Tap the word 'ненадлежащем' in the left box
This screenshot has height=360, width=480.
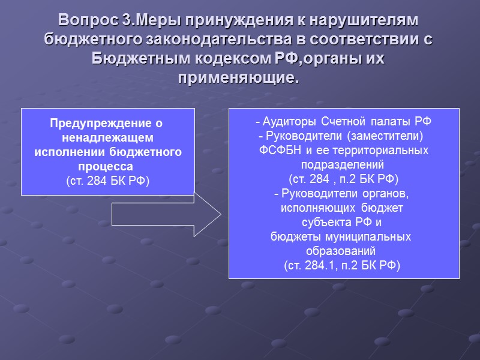click(108, 138)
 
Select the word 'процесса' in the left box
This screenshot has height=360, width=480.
click(108, 166)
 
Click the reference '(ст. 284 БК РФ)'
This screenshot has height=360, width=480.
click(108, 179)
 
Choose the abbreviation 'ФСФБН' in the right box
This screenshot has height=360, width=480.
click(278, 149)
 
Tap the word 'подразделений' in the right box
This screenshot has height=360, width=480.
click(344, 164)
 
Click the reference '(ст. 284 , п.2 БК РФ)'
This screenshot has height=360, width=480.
click(344, 178)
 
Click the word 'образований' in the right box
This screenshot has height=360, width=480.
click(344, 251)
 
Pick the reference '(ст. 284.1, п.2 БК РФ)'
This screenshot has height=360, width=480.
click(344, 265)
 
